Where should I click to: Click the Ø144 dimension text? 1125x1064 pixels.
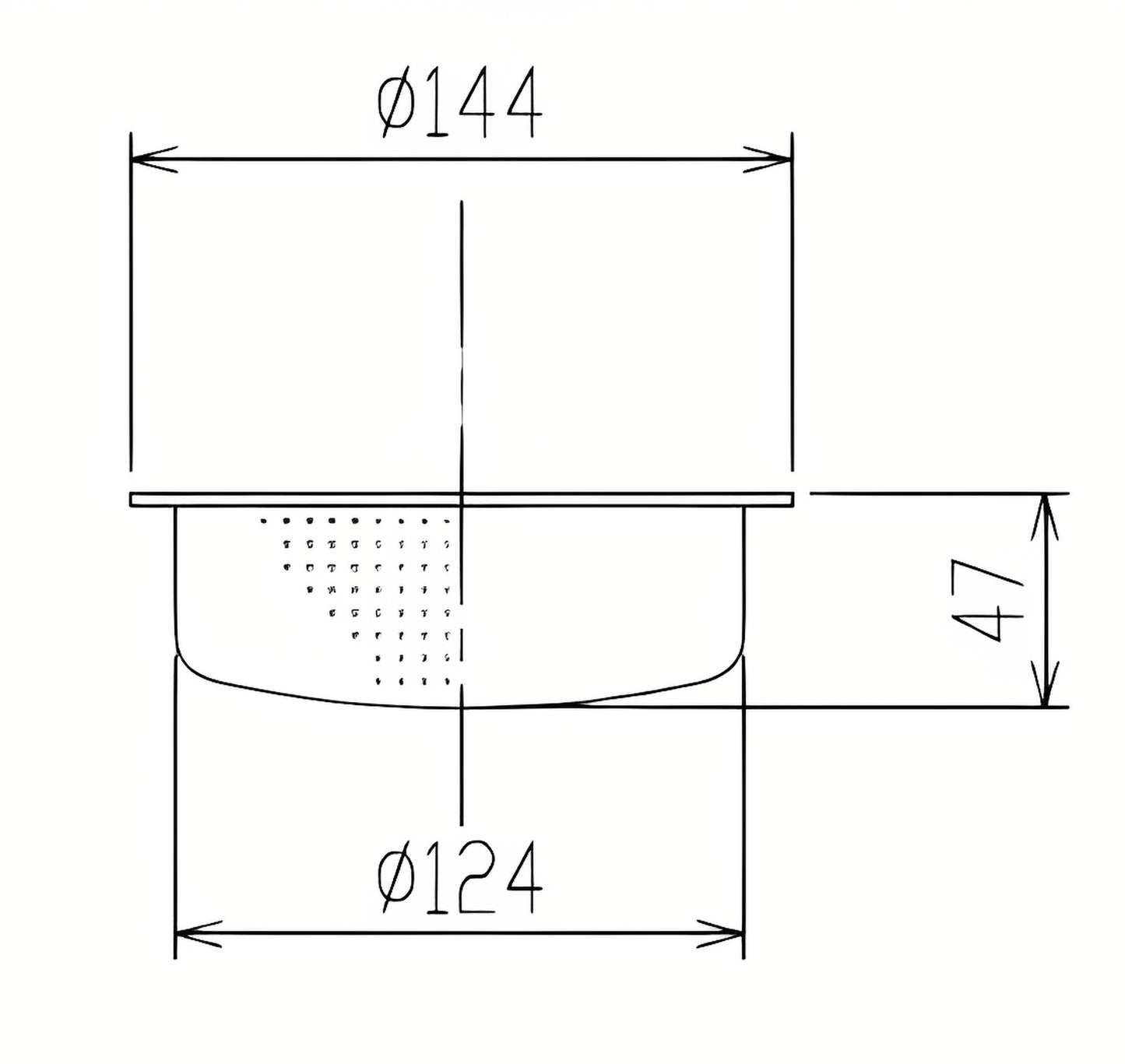(459, 102)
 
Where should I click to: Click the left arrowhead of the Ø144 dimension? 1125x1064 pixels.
(153, 159)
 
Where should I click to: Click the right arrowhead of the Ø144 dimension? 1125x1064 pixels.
(768, 159)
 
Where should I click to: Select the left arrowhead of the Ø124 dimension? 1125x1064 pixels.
(198, 933)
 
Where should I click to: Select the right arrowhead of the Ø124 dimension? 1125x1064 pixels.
(720, 933)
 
